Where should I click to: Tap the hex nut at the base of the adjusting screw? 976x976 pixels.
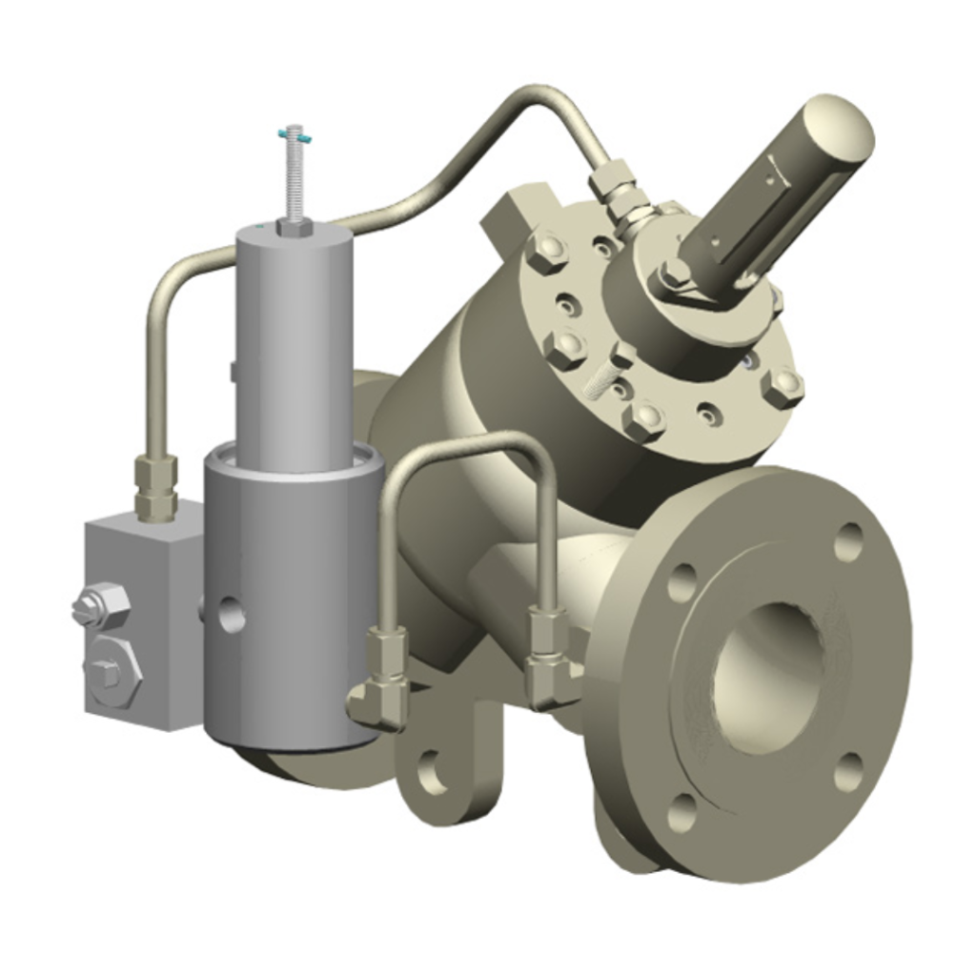pyautogui.click(x=295, y=227)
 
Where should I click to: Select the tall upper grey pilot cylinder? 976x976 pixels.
pyautogui.click(x=294, y=343)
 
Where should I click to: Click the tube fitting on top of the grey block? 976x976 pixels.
pyautogui.click(x=155, y=486)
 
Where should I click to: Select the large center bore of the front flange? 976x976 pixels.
pyautogui.click(x=767, y=678)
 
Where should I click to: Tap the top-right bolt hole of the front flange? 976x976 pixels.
pyautogui.click(x=848, y=541)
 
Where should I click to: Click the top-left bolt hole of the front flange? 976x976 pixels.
pyautogui.click(x=682, y=582)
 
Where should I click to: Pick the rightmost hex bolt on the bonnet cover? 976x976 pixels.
pyautogui.click(x=782, y=387)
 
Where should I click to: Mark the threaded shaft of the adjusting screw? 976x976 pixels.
pyautogui.click(x=295, y=181)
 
